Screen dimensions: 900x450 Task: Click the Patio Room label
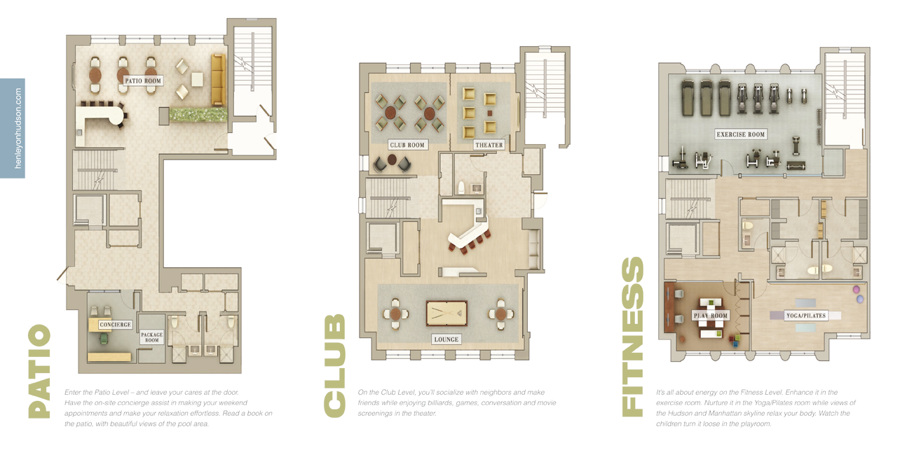coord(143,80)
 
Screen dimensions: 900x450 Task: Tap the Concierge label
coord(116,325)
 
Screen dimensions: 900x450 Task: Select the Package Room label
coord(151,337)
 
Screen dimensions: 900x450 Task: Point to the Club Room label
coord(407,145)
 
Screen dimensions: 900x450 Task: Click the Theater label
coord(489,145)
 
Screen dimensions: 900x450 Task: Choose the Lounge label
coord(446,339)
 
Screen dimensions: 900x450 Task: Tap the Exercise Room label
coord(740,134)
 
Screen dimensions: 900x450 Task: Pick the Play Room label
coord(710,316)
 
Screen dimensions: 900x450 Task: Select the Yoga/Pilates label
coord(806,316)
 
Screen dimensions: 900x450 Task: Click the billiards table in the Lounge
coord(446,314)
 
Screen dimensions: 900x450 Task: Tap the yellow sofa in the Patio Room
coord(218,80)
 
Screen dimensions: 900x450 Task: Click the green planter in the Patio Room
coord(198,114)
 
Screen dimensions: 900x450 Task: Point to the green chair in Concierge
coord(104,339)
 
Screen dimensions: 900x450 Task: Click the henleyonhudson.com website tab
coord(13,128)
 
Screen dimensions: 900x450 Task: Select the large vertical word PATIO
coord(39,372)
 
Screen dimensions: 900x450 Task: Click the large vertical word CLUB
coord(334,366)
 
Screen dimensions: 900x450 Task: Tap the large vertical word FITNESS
coord(633,337)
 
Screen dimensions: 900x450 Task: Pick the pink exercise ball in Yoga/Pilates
coord(857,289)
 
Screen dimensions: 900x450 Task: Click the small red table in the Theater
coord(490,113)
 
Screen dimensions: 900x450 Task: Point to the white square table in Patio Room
coord(197,79)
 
